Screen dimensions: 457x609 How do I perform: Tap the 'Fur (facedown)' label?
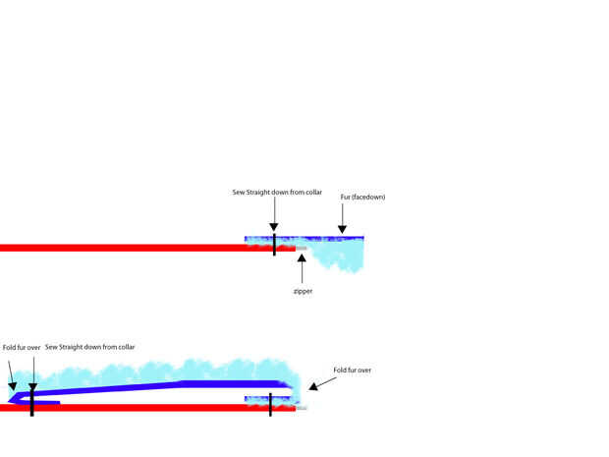click(x=362, y=198)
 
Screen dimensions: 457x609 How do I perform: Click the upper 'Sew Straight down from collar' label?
click(x=277, y=192)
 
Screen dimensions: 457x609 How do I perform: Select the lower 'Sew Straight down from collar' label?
click(x=90, y=347)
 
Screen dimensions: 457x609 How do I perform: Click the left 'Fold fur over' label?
click(x=21, y=347)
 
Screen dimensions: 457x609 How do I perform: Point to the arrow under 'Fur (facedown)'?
click(x=342, y=220)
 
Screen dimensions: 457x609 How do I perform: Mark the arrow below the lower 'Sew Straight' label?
click(x=32, y=369)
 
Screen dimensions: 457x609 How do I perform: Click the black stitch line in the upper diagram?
click(x=274, y=245)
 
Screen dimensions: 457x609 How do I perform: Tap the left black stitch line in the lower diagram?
click(x=32, y=400)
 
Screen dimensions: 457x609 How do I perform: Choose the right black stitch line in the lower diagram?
click(x=270, y=403)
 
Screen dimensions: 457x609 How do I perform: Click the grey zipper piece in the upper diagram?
click(x=302, y=250)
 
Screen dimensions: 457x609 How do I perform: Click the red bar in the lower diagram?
click(x=147, y=407)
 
